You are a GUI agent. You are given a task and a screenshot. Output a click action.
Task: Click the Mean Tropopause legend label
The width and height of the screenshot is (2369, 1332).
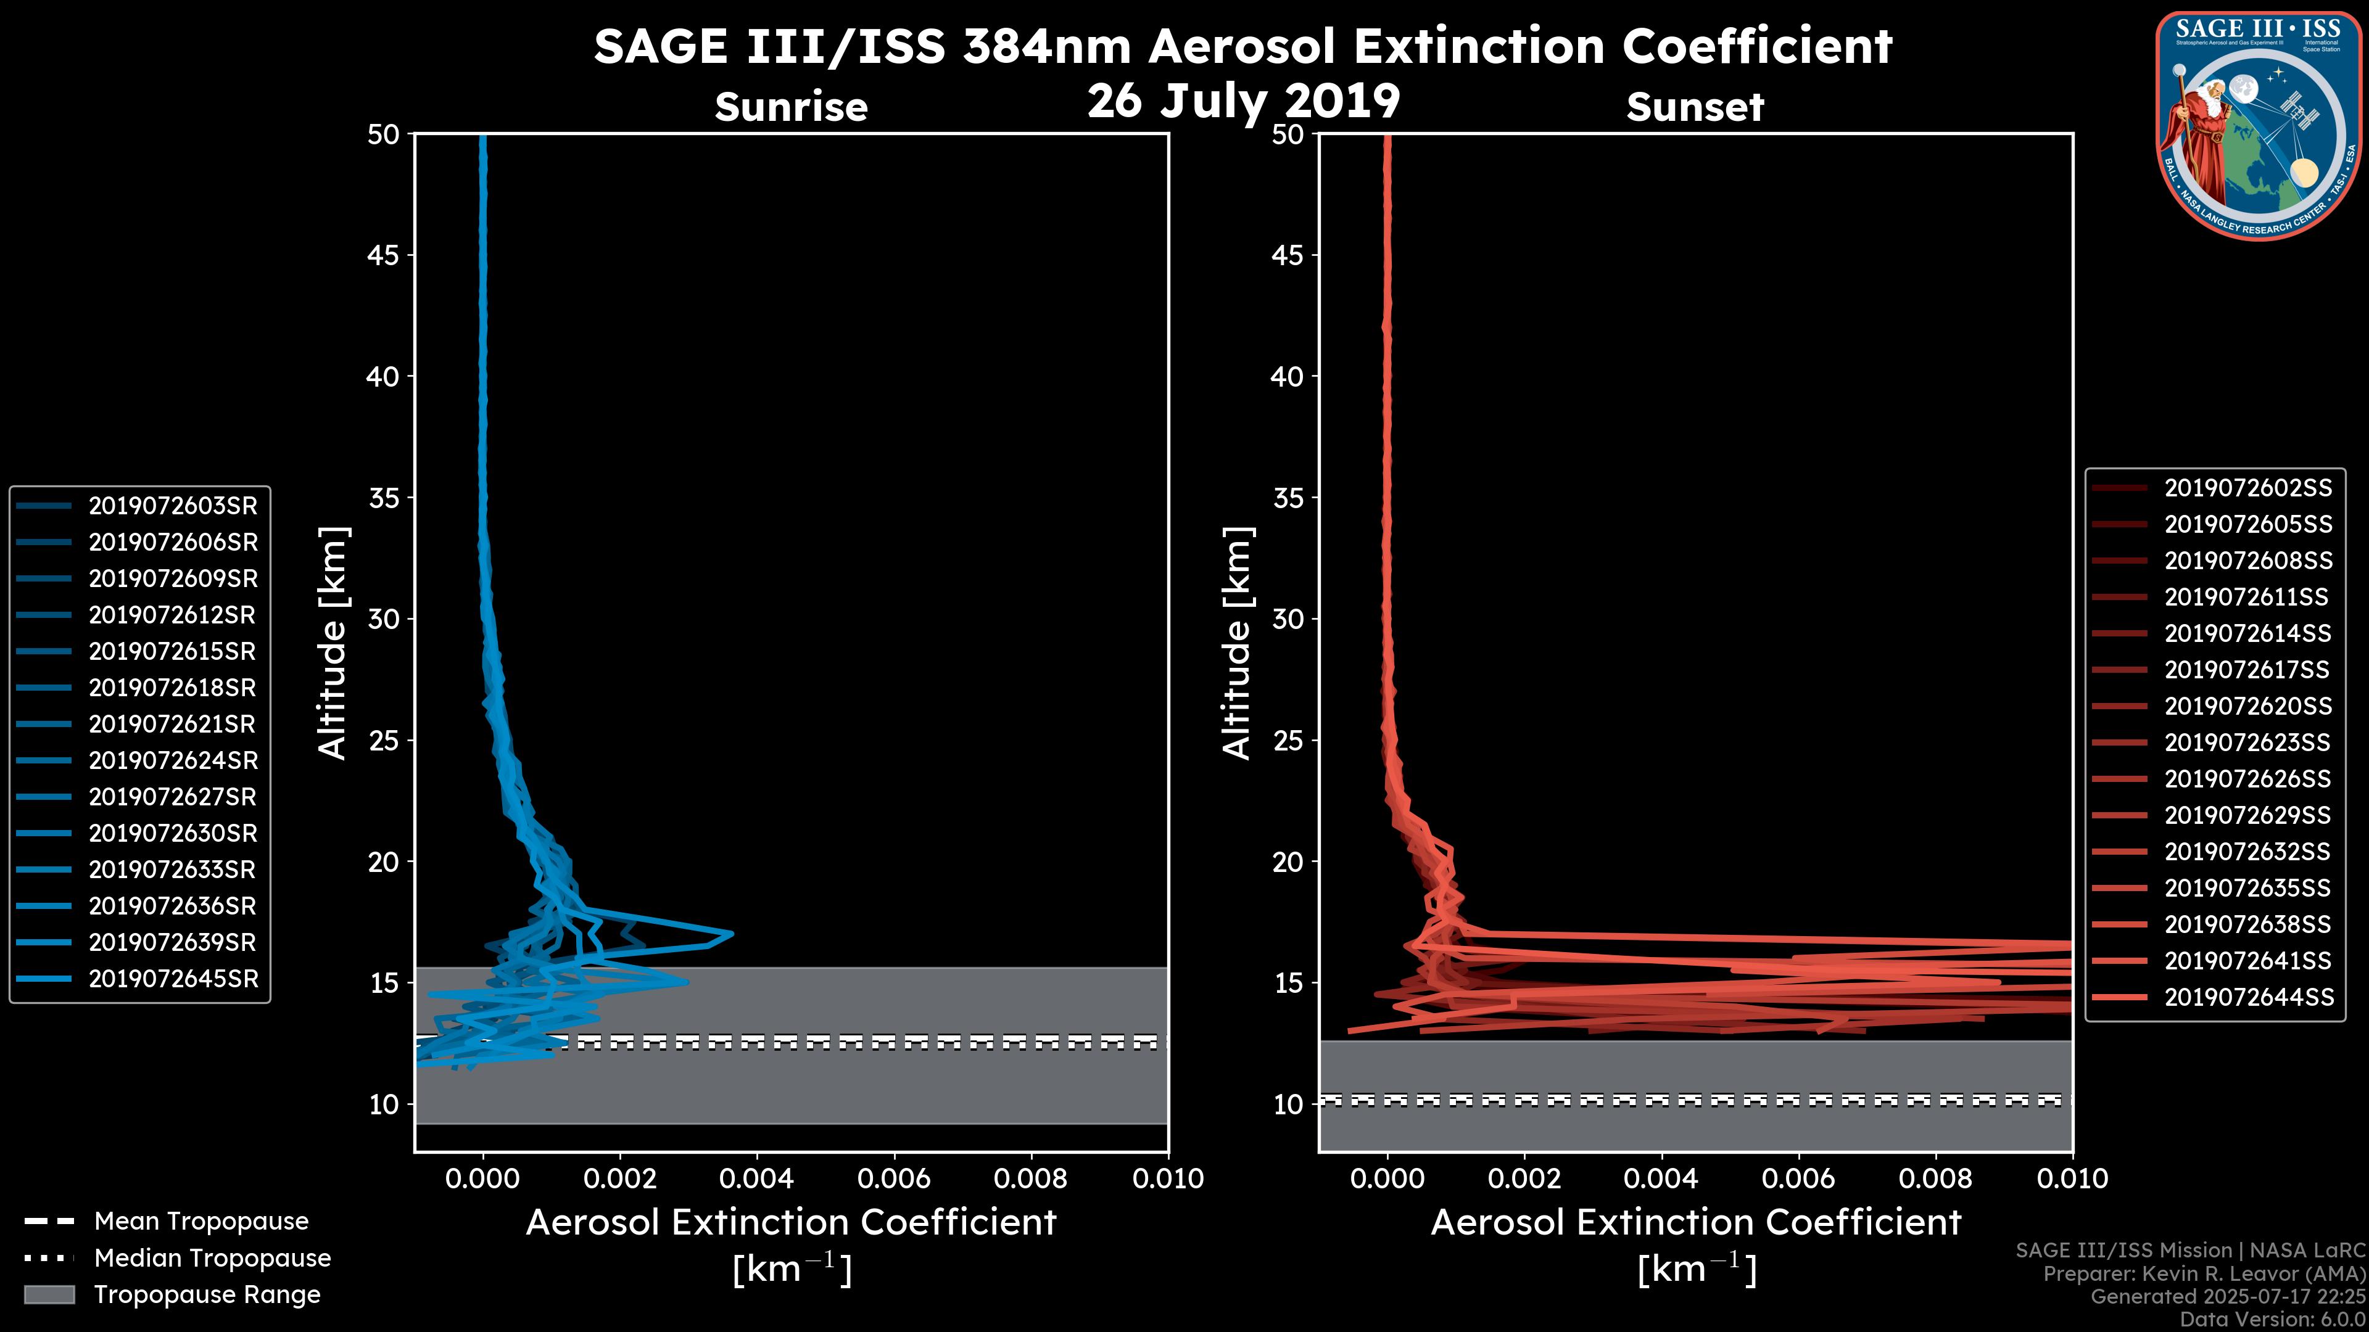click(x=201, y=1222)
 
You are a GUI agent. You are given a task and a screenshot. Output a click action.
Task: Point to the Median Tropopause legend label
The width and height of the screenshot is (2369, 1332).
click(x=212, y=1259)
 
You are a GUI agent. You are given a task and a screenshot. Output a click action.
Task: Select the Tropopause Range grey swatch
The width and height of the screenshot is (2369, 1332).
click(x=49, y=1294)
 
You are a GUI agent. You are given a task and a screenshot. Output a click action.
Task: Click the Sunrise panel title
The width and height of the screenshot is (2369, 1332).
click(x=791, y=107)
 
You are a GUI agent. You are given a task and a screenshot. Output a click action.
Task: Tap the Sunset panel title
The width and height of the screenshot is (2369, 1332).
click(x=1695, y=107)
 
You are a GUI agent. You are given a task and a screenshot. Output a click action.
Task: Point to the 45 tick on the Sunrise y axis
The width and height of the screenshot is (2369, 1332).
click(x=384, y=255)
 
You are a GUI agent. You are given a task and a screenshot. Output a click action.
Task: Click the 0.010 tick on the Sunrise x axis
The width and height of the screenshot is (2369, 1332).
click(x=1167, y=1178)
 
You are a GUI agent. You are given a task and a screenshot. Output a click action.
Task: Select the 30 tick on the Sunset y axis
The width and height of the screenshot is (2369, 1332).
click(x=1288, y=620)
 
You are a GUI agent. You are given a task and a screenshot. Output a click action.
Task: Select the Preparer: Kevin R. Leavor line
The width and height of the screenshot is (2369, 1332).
click(x=2204, y=1274)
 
